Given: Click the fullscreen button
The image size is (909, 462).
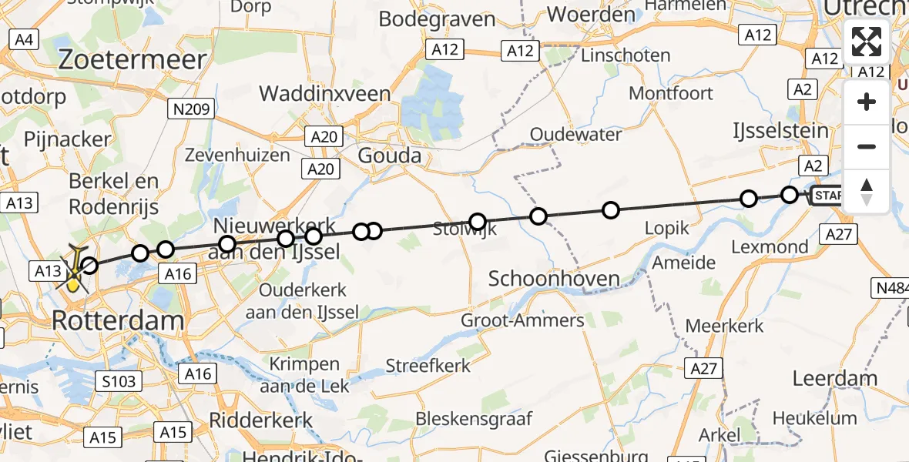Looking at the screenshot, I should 867,42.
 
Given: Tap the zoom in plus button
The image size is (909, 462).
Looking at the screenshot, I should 867,102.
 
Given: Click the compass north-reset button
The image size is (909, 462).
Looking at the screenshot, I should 867,192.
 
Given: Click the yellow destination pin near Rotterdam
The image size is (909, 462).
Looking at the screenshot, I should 73,283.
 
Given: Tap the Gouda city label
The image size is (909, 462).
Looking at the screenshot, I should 390,156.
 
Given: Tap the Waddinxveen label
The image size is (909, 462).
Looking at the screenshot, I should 324,94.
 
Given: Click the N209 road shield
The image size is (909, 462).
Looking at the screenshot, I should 190,109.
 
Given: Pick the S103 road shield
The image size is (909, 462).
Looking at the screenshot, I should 118,381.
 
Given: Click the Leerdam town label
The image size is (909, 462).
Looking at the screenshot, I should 835,379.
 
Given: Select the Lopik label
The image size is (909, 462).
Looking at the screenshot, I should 667,229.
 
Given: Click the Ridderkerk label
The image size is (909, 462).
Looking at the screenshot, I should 262,420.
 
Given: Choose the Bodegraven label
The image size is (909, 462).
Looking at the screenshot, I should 437,19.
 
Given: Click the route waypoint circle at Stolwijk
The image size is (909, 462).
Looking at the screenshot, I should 478,223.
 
